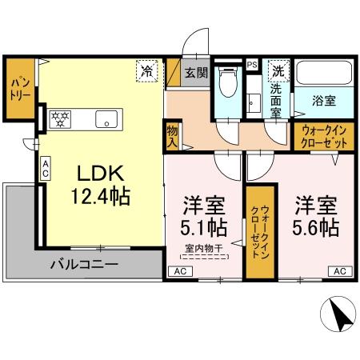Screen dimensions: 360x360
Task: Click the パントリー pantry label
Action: tap(19, 88)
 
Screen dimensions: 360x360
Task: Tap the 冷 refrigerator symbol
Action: tap(147, 70)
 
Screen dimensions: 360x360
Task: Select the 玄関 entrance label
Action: tap(197, 72)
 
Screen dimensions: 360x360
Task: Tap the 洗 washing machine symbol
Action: tap(277, 70)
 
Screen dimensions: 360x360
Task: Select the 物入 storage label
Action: tap(172, 136)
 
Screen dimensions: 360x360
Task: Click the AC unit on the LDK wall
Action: tap(46, 167)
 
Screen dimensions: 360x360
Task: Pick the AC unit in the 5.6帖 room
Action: tap(338, 271)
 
